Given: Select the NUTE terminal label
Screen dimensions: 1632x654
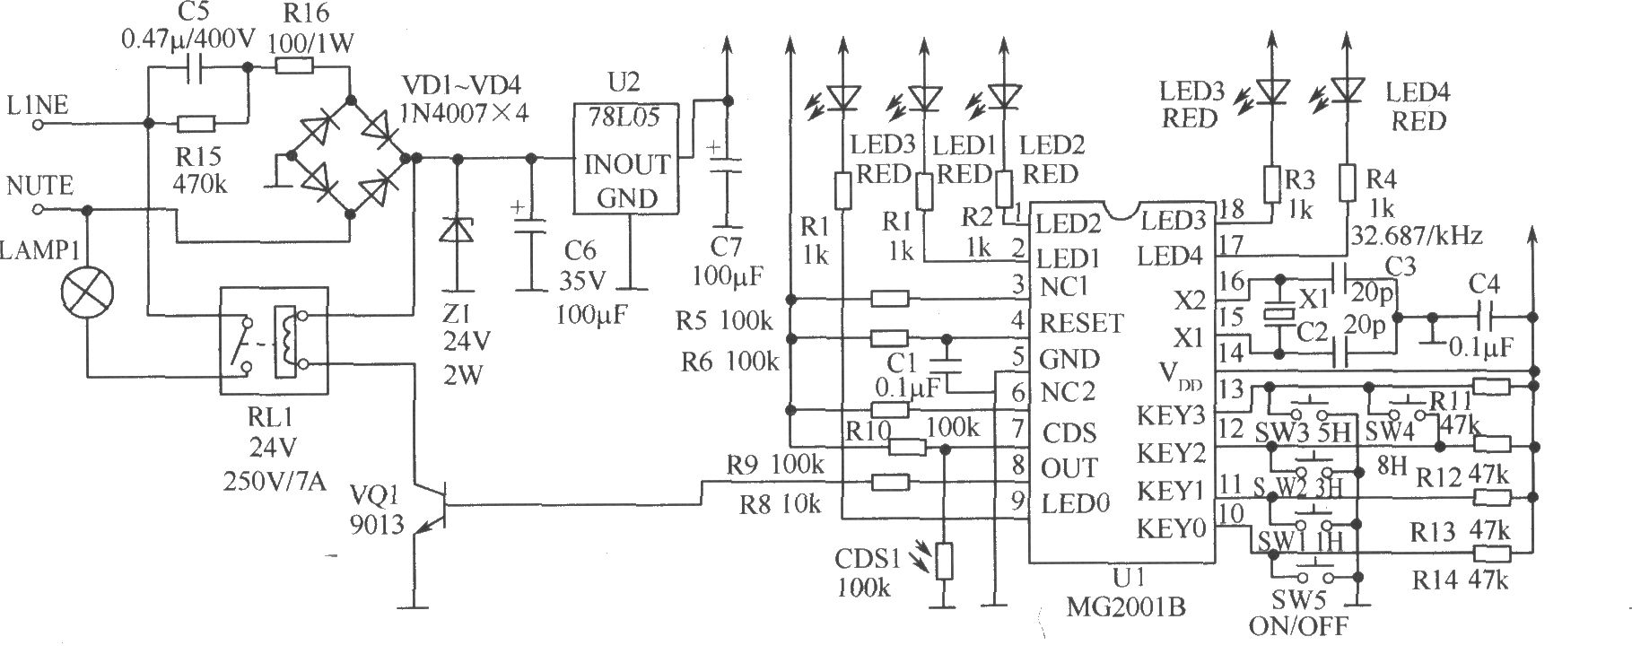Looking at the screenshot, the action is (x=39, y=187).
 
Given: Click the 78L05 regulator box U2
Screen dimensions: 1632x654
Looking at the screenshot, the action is (x=626, y=157).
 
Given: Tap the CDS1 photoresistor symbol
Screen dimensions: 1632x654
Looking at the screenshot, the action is (x=942, y=561).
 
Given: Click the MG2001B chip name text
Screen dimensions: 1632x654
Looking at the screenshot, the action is (x=1126, y=606).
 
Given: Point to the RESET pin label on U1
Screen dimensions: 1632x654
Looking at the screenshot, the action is (x=1080, y=321).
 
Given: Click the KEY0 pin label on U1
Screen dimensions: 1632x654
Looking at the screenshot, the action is (x=1171, y=528).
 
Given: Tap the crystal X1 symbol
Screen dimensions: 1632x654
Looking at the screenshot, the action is (x=1275, y=314).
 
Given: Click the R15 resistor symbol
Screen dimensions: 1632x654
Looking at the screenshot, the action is (x=196, y=124).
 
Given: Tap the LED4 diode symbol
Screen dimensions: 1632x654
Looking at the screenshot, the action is (x=1344, y=88).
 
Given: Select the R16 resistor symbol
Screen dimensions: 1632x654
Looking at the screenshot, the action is (x=293, y=65).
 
